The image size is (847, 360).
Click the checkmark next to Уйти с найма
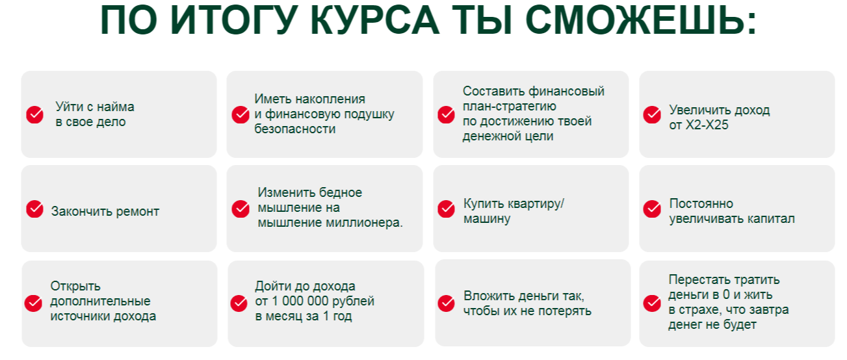(35, 114)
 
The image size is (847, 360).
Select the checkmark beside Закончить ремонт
(35, 209)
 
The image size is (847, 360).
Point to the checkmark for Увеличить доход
(652, 114)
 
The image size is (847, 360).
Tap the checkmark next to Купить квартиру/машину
(446, 209)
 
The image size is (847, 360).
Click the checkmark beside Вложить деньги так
(446, 303)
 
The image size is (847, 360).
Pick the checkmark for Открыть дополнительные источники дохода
(33, 303)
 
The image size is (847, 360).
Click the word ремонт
(137, 212)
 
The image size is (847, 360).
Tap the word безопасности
(295, 129)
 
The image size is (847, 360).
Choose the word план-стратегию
(510, 107)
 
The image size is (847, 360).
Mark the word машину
(487, 219)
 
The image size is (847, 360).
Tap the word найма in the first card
(117, 107)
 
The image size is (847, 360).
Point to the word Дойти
(272, 287)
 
